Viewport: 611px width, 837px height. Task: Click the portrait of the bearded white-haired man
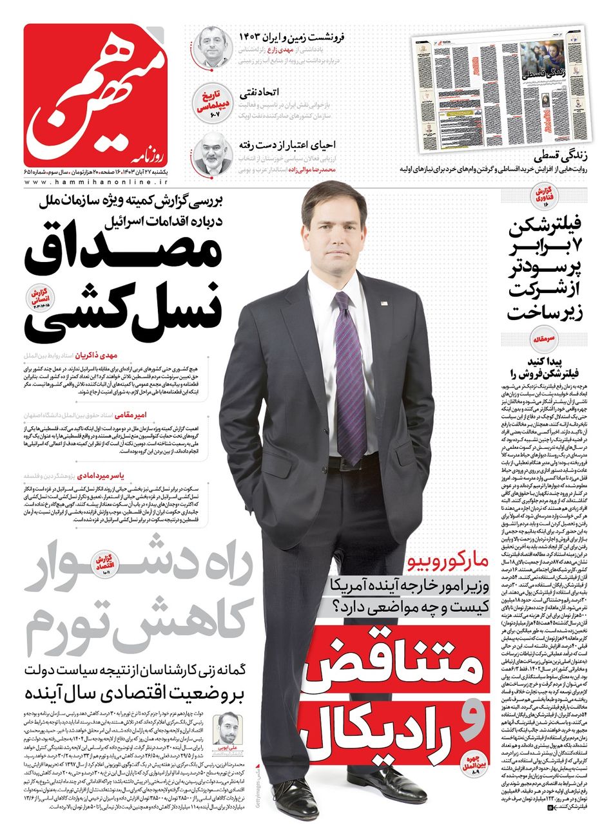tap(213, 155)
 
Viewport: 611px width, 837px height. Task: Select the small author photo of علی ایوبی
tap(231, 728)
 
